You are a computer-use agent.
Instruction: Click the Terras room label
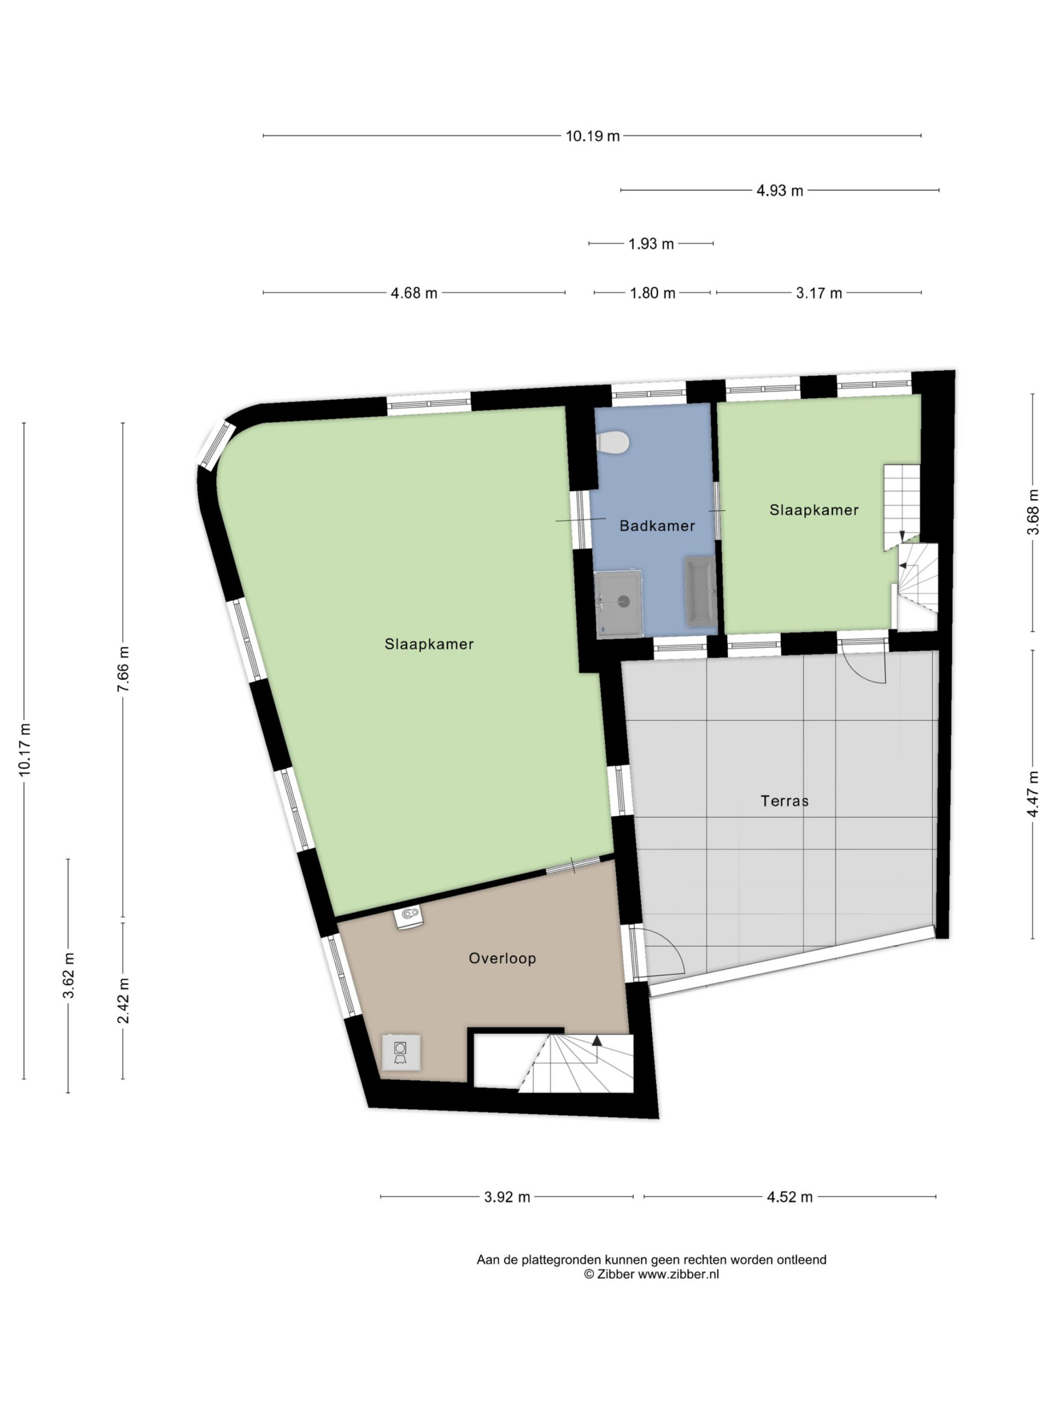[x=784, y=801]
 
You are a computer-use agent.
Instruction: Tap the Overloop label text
[x=502, y=958]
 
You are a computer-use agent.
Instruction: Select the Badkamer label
[x=657, y=526]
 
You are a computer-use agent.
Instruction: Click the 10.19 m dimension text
[x=592, y=136]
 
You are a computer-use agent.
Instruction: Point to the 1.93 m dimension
[x=651, y=244]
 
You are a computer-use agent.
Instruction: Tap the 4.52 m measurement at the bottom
[x=789, y=1197]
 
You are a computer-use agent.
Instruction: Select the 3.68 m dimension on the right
[x=1033, y=512]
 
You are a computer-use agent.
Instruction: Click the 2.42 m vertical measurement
[x=124, y=1001]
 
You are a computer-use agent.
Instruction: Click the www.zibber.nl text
[x=678, y=1275]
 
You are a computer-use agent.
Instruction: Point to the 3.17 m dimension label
[x=819, y=293]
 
